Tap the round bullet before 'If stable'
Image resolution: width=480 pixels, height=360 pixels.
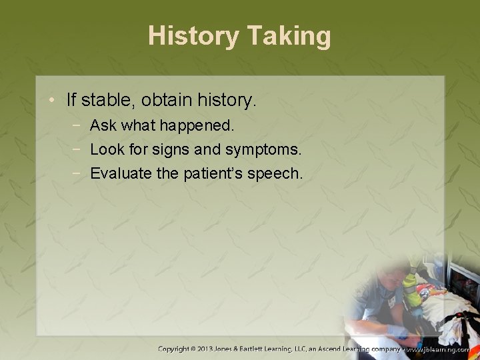[x=53, y=101]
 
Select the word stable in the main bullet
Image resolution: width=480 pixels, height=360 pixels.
[x=102, y=101]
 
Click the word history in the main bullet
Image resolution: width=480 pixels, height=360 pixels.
[x=223, y=101]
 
